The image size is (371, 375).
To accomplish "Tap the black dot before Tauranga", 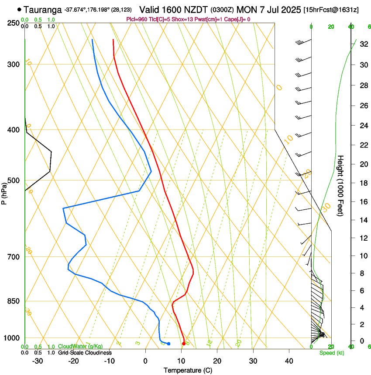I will pos(19,9).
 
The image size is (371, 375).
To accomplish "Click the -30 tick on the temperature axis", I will pos(38,361).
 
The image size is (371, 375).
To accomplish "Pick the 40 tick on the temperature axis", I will pos(289,361).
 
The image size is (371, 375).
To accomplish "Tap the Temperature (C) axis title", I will pos(188,370).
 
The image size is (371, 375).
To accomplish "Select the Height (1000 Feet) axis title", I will pos(341,185).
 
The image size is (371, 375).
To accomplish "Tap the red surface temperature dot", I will pos(184,344).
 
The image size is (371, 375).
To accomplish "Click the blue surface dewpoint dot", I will pos(168,344).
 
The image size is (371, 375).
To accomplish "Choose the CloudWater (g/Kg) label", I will pos(80,347).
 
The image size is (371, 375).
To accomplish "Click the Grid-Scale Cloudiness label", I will pos(85,352).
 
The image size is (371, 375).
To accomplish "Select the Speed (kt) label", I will pos(331,353).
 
